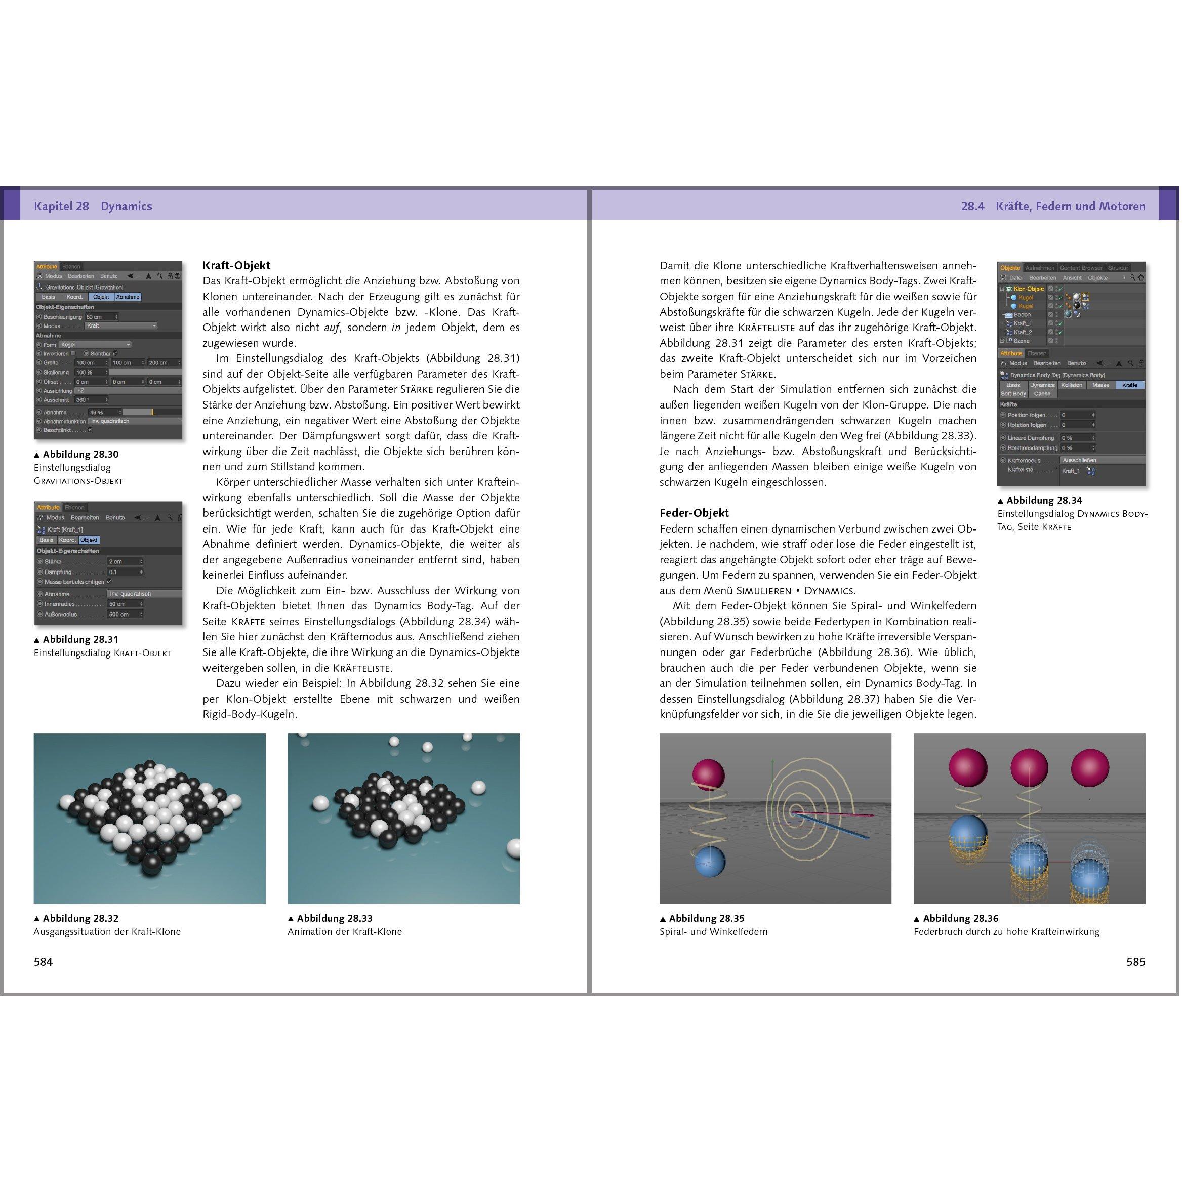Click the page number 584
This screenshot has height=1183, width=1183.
[43, 962]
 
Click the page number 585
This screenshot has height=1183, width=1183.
[1135, 962]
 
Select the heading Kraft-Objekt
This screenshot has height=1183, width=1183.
[236, 265]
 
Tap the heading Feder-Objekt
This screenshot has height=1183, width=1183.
[694, 512]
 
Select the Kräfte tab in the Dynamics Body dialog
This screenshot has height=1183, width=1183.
[1130, 385]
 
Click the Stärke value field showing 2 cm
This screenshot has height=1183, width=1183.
[125, 561]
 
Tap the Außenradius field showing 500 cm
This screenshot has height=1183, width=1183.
[125, 614]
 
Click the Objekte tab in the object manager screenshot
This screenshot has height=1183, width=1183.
[1010, 268]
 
